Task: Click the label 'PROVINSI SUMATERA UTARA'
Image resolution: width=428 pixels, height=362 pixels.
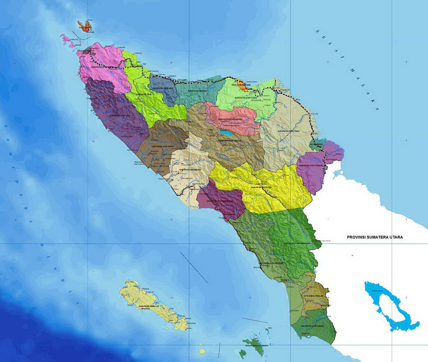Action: pyautogui.click(x=375, y=237)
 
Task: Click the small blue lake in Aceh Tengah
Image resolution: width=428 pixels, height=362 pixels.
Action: pyautogui.click(x=227, y=134)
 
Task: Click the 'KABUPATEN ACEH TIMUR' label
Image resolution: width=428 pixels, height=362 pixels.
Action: pyautogui.click(x=291, y=131)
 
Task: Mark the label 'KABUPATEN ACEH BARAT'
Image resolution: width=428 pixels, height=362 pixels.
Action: pyautogui.click(x=161, y=147)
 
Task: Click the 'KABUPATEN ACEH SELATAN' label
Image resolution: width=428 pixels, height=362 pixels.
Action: pyautogui.click(x=272, y=263)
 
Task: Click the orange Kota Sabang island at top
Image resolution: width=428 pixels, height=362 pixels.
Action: pyautogui.click(x=86, y=27)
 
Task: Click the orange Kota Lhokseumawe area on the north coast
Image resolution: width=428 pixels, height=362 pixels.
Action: pyautogui.click(x=241, y=85)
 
